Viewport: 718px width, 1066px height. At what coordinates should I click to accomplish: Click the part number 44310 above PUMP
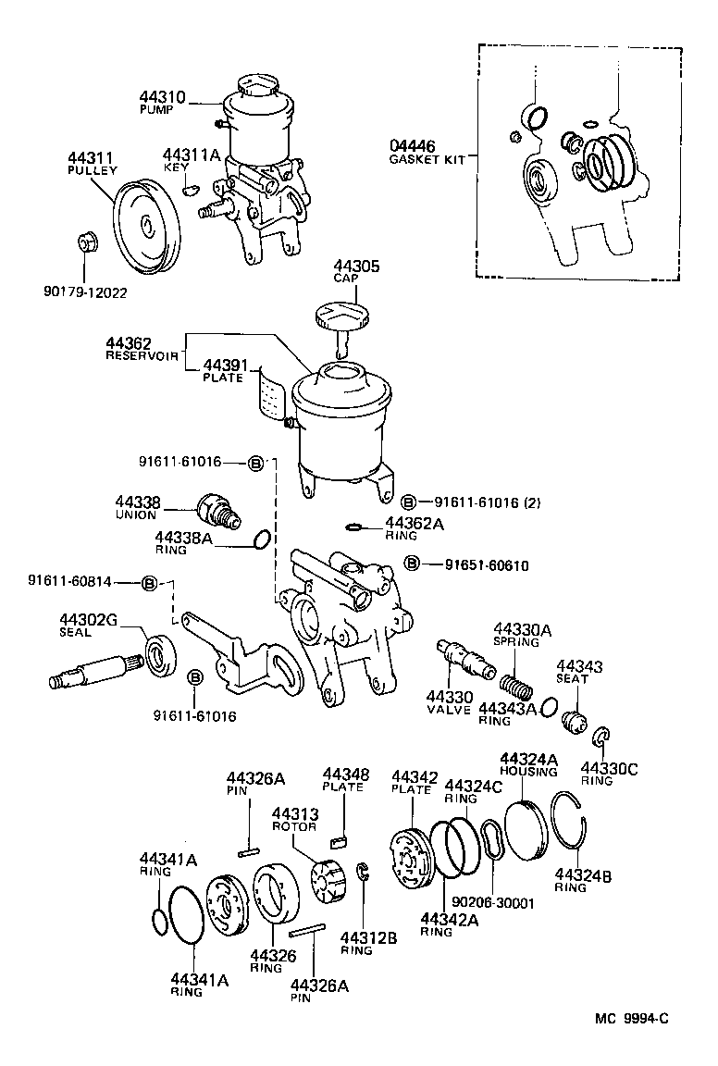[163, 96]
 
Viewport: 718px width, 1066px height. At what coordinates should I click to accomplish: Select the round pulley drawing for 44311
[145, 225]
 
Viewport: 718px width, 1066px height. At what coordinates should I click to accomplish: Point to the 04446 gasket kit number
[412, 147]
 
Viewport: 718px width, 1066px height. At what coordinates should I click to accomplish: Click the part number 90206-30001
[493, 903]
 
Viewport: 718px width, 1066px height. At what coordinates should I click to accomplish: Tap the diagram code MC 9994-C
[631, 1018]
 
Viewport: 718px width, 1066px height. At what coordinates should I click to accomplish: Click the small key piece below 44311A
[191, 189]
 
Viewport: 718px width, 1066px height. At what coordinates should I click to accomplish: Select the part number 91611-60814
[69, 582]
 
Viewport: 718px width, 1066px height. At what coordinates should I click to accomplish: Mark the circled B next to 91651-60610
[412, 564]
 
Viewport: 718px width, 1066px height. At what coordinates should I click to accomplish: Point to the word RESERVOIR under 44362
[142, 355]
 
